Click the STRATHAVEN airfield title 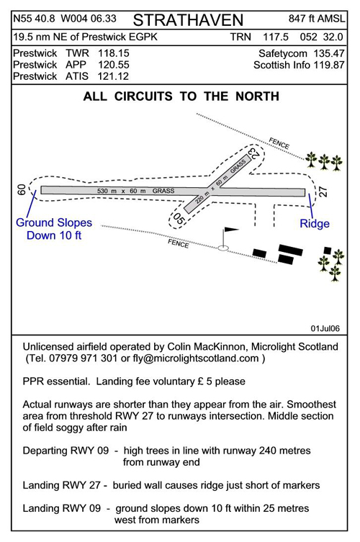click(188, 20)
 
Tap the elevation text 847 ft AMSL click(317, 19)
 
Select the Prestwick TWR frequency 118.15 click(114, 53)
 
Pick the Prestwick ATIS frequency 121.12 click(113, 76)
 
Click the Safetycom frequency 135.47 click(329, 53)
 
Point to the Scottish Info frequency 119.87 click(329, 65)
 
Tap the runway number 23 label click(253, 153)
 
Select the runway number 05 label click(178, 219)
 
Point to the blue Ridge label click(315, 224)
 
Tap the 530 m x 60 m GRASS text click(135, 191)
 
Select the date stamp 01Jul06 click(325, 328)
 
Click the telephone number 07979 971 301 click(84, 358)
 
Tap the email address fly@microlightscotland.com click(196, 358)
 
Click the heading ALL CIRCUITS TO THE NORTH click(181, 96)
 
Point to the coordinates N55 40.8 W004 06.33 click(65, 19)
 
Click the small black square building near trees click(328, 250)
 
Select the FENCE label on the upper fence click(279, 143)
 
